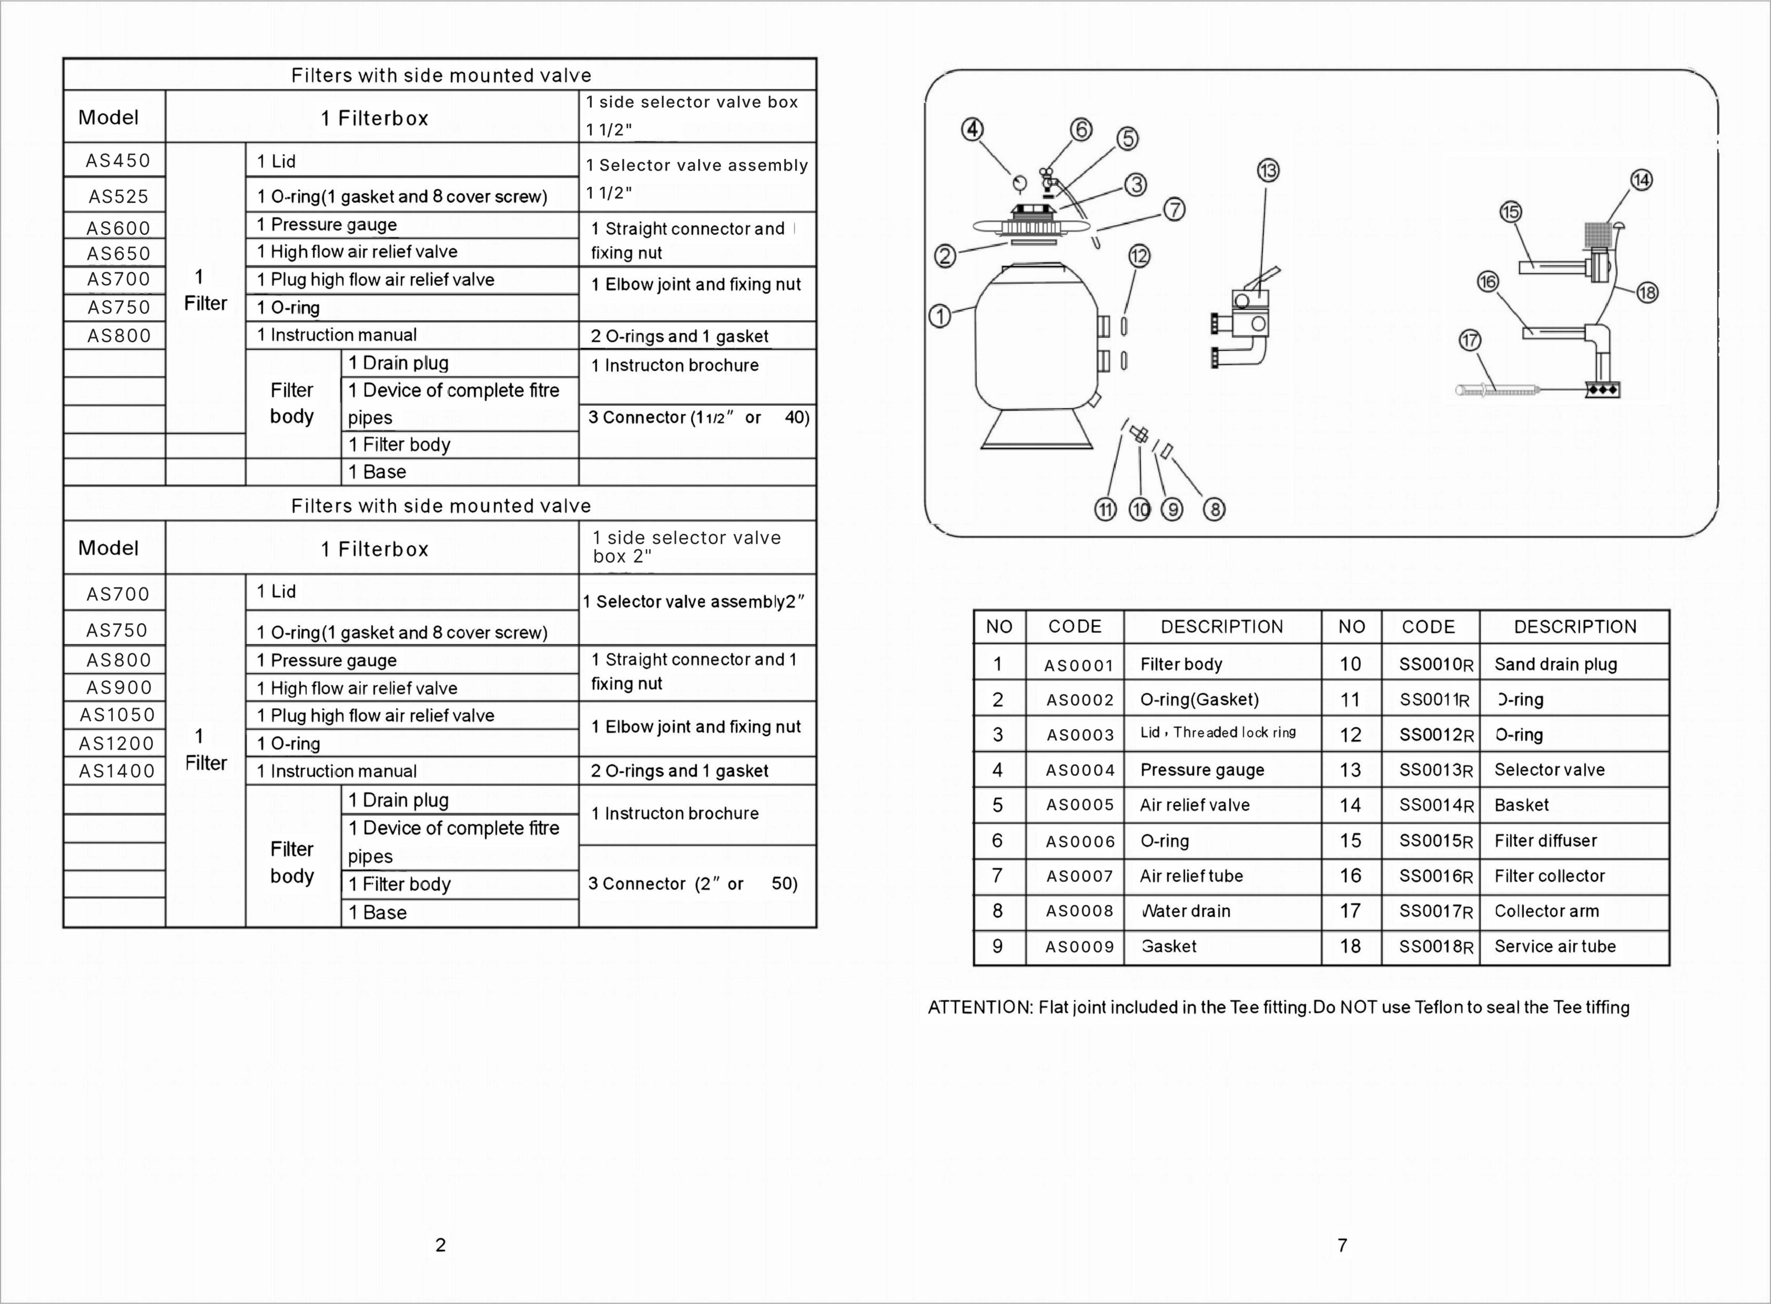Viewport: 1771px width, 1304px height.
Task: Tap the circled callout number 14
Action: click(x=1642, y=180)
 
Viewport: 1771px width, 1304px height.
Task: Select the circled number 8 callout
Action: click(x=1214, y=509)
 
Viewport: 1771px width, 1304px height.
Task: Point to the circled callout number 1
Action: click(x=940, y=316)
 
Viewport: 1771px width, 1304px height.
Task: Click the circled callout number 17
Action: click(x=1470, y=340)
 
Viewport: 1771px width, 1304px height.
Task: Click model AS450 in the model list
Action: click(x=118, y=161)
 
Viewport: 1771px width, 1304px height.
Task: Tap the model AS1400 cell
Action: click(x=117, y=771)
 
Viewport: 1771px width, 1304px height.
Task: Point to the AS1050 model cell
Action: click(x=117, y=715)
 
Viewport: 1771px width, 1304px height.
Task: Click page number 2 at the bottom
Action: click(x=441, y=1245)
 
